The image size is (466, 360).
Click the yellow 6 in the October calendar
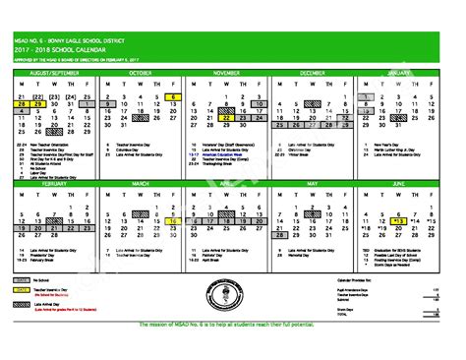pos(173,97)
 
